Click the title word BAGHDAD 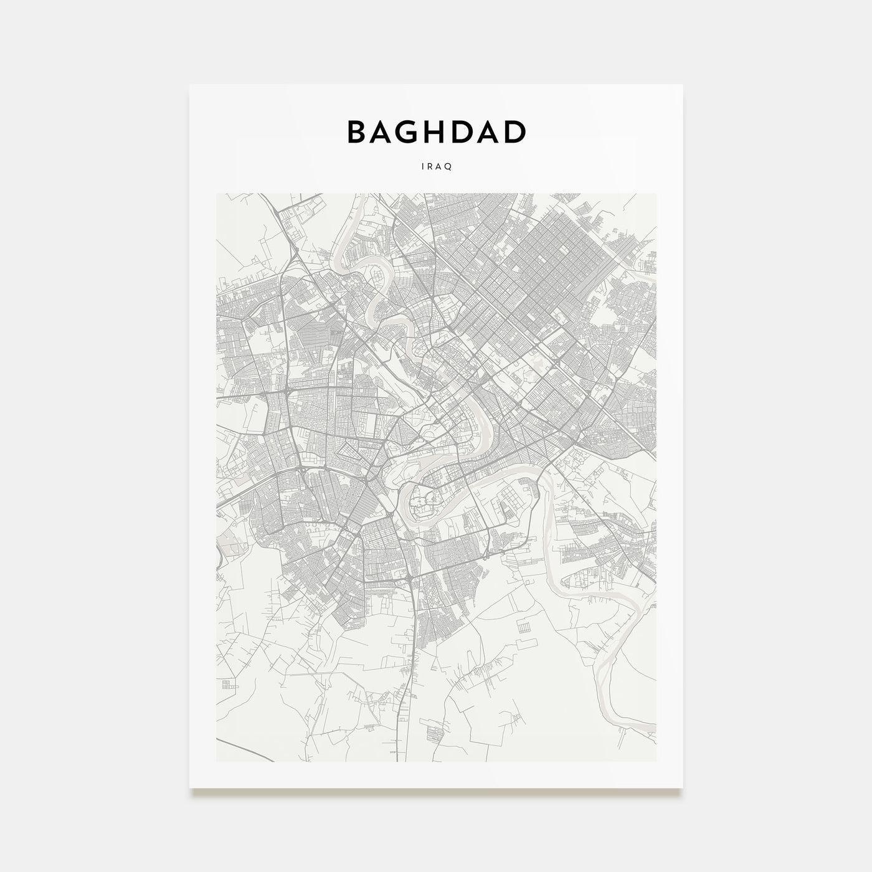(436, 131)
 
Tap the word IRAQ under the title (436, 167)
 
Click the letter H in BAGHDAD (438, 131)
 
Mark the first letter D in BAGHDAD (464, 131)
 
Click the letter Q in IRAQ (448, 167)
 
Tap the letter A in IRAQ (439, 167)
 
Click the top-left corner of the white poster (190, 85)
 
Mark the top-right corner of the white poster (683, 85)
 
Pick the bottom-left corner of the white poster (190, 787)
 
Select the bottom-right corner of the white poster (683, 787)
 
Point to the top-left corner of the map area (217, 194)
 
